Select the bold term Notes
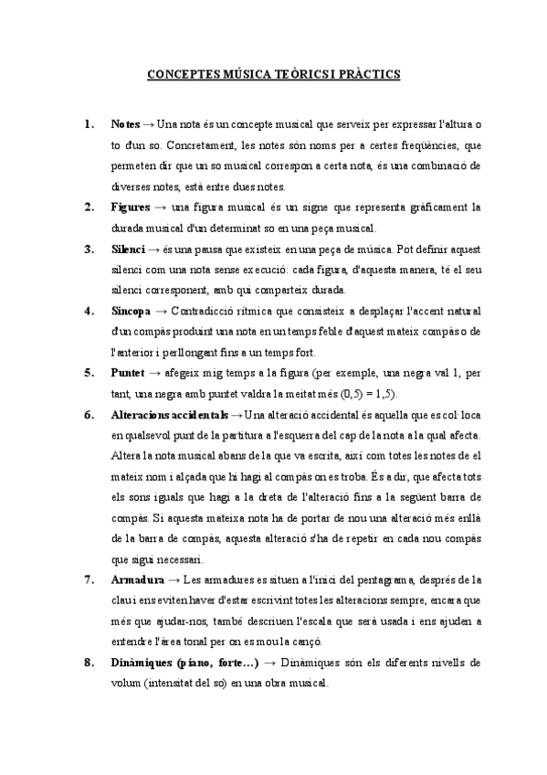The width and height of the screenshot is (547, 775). pos(125,123)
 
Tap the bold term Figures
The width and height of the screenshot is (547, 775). pos(131,207)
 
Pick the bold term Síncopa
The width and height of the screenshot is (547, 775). pos(131,311)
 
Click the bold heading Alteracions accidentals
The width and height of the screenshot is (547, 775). pos(169,415)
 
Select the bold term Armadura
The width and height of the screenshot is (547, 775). pos(137,579)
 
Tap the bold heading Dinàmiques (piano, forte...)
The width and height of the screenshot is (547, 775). pos(184,663)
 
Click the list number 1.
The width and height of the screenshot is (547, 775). pos(88,123)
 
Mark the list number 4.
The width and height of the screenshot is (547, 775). pos(88,311)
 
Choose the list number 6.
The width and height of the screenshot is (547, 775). pos(88,415)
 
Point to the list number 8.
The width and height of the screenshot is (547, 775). pos(88,663)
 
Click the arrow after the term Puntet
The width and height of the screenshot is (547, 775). pos(154,373)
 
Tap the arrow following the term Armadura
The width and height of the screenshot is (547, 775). pos(174,579)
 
